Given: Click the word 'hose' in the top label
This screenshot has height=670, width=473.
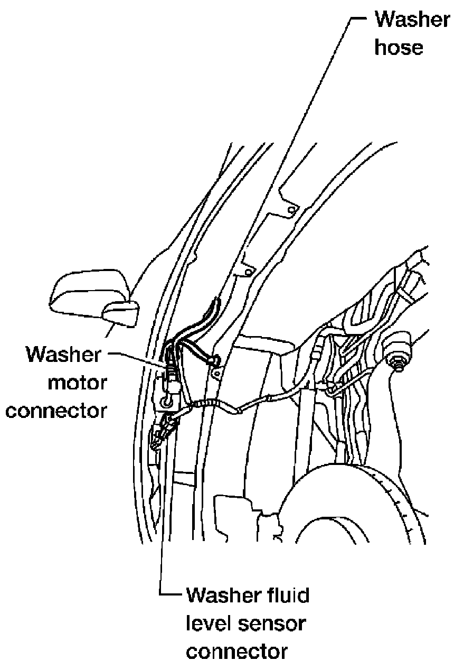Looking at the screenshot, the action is coord(399,48).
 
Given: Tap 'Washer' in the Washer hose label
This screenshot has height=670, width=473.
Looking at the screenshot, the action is coord(412,20).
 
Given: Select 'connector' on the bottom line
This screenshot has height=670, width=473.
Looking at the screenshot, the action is coord(237,652).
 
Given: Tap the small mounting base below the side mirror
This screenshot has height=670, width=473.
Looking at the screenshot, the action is coord(121,315).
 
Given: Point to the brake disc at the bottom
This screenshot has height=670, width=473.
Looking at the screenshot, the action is coord(370,507).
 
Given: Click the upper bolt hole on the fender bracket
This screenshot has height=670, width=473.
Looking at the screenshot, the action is coord(290,211).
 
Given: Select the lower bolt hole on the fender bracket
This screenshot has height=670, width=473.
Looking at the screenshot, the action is coord(246,273).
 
